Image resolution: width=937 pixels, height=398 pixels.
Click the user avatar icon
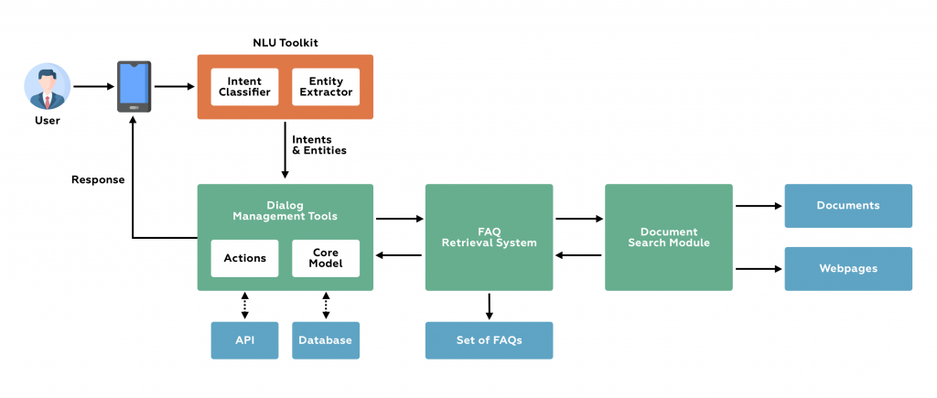pyautogui.click(x=47, y=86)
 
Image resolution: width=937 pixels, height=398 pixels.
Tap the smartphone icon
pyautogui.click(x=134, y=87)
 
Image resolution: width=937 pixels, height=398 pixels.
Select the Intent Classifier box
pyautogui.click(x=244, y=87)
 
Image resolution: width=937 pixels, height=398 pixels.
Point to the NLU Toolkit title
pyautogui.click(x=285, y=43)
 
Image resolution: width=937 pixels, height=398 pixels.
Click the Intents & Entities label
pyautogui.click(x=318, y=145)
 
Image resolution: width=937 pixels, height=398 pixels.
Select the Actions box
pyautogui.click(x=244, y=258)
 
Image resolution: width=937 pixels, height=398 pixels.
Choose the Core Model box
pyautogui.click(x=326, y=258)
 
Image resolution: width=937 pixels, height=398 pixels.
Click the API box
pyautogui.click(x=244, y=340)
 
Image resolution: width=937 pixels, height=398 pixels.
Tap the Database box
pyautogui.click(x=326, y=340)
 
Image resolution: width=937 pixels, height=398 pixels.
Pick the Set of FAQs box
pyautogui.click(x=489, y=340)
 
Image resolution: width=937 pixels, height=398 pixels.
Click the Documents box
pyautogui.click(x=848, y=206)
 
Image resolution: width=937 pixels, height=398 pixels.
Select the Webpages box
pyautogui.click(x=848, y=269)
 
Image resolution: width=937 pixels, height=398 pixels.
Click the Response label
pyautogui.click(x=98, y=180)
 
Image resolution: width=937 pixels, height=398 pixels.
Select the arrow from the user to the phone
pyautogui.click(x=93, y=87)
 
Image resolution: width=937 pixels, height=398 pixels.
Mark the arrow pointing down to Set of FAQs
pyautogui.click(x=489, y=306)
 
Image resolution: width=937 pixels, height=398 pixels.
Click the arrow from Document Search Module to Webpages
pyautogui.click(x=759, y=269)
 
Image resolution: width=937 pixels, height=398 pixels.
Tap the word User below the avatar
pyautogui.click(x=47, y=120)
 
